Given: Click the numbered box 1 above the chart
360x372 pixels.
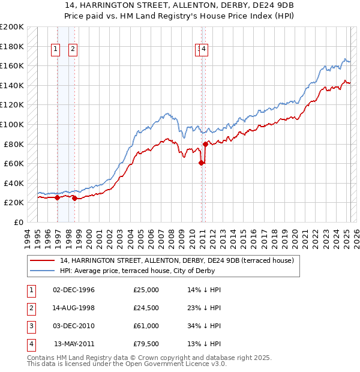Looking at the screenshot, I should (56, 50).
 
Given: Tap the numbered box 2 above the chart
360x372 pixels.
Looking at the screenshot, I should (73, 50).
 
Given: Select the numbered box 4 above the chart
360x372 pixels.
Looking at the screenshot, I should (204, 50).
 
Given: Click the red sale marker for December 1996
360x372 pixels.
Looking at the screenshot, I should (57, 197).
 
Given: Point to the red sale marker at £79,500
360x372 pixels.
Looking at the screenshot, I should (205, 144).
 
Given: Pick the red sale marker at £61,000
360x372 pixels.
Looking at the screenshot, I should (201, 162).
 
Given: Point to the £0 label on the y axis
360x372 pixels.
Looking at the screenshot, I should (17, 222).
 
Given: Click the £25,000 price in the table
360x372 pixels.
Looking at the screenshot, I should (146, 289).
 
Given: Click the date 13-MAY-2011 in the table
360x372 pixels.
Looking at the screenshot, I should (74, 344).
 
